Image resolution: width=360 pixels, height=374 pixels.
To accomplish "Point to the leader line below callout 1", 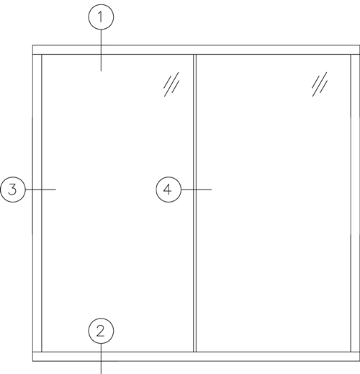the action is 101,50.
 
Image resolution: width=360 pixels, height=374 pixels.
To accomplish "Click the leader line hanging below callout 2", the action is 101,359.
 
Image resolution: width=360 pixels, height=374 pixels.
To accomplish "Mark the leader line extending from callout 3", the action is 40,190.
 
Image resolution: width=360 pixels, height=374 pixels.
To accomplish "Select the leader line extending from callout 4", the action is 197,190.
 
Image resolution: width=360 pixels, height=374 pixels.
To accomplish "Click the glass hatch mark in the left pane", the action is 171,84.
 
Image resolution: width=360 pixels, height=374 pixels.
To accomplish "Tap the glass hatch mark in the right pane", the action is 320,84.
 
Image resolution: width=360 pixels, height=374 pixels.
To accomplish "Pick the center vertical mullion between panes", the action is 194,203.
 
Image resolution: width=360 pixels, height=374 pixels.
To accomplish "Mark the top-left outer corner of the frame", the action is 32,45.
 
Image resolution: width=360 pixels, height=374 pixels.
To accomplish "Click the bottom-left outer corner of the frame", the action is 32,361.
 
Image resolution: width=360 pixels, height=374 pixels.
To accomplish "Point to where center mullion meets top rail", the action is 194,55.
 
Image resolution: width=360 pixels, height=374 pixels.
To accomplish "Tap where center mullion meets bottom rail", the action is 194,352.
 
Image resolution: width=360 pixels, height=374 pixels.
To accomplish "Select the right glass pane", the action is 274,203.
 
